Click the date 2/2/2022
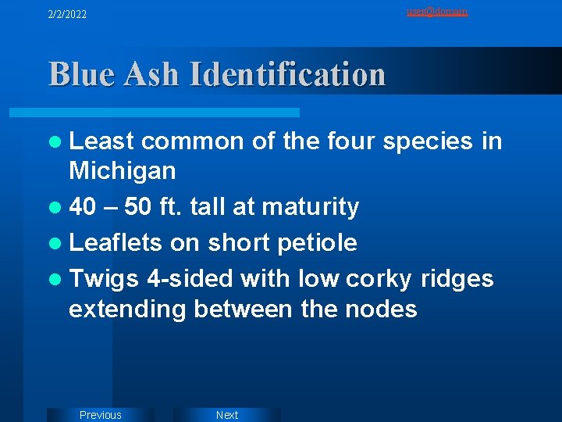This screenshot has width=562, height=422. click(x=67, y=14)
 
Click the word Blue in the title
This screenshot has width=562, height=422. click(x=80, y=74)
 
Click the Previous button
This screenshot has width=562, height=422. click(x=101, y=415)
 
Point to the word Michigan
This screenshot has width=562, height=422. click(x=123, y=170)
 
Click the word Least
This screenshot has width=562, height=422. click(x=101, y=141)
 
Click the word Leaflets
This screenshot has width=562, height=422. click(x=116, y=242)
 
